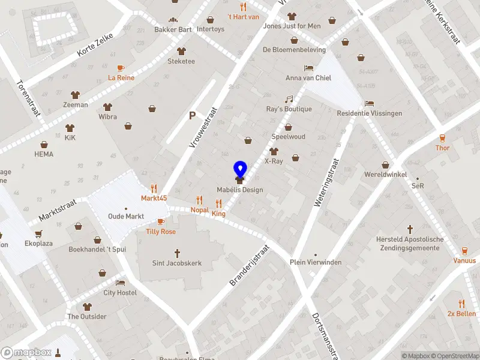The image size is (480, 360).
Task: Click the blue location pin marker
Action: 240,170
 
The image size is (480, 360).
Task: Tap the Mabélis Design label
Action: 240,190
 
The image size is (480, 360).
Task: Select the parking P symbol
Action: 193,116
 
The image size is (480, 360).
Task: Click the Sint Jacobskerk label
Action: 177,263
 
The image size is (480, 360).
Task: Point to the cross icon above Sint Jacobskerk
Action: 177,253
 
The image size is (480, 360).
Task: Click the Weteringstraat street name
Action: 326,182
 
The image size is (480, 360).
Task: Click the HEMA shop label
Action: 44,154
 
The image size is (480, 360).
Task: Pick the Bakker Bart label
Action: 173,29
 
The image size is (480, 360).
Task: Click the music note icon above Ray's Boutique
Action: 289,99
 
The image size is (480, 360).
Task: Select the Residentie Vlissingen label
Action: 370,113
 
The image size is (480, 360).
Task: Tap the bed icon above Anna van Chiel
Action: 308,68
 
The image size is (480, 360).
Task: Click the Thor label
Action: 442,148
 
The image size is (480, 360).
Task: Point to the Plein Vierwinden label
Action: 316,262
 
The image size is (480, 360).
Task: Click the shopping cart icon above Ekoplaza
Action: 39,235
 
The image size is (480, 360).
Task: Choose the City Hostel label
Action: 120,293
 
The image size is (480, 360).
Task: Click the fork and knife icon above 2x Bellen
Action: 461,304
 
